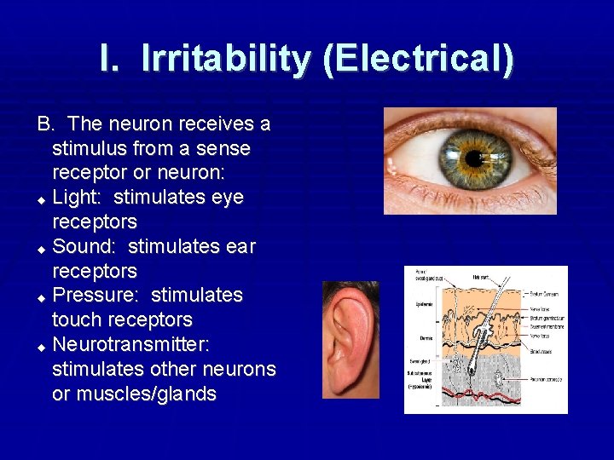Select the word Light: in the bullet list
point(78,198)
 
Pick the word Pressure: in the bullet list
point(96,296)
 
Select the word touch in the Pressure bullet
point(78,320)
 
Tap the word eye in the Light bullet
point(227,198)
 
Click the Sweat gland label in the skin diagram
point(420,361)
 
